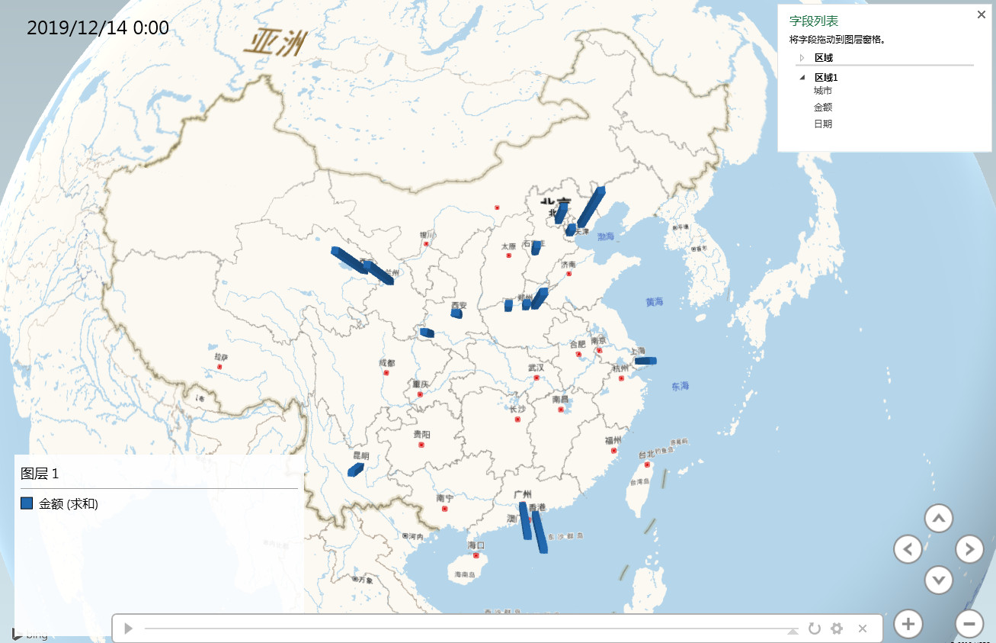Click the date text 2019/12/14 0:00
click(x=98, y=28)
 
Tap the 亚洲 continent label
click(x=274, y=43)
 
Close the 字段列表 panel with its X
click(x=981, y=14)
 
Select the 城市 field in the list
click(x=823, y=91)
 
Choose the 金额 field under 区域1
click(x=823, y=108)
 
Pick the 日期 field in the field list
click(x=823, y=124)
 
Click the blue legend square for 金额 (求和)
click(x=27, y=503)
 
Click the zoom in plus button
click(x=908, y=624)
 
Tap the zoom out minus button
click(x=969, y=624)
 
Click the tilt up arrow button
click(x=938, y=519)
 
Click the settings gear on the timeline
click(x=837, y=629)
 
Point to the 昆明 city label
click(x=360, y=455)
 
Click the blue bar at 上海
click(x=645, y=361)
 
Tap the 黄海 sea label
click(x=655, y=302)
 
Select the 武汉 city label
click(x=536, y=368)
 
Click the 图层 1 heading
click(x=40, y=474)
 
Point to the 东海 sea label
click(x=680, y=387)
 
